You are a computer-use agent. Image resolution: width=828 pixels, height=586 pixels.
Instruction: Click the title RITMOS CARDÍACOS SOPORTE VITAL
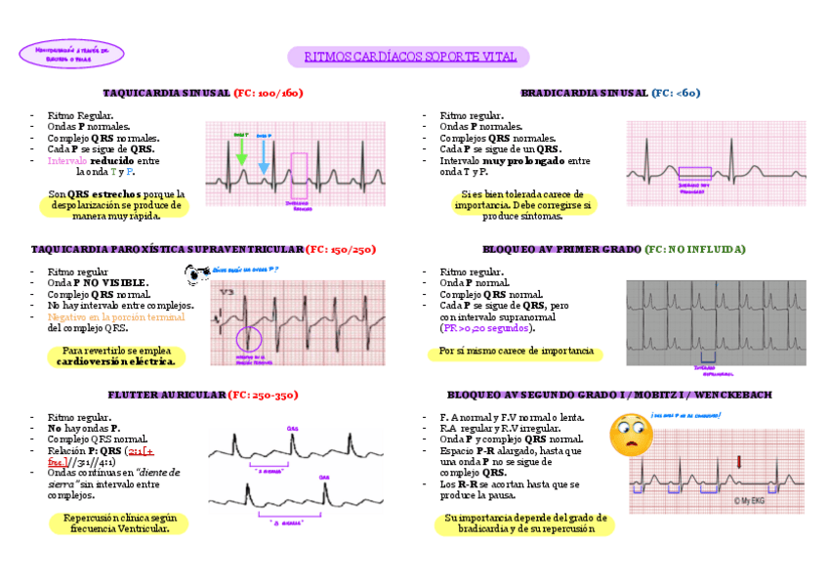(408, 57)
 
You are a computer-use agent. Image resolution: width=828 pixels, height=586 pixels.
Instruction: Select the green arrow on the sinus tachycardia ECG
(241, 149)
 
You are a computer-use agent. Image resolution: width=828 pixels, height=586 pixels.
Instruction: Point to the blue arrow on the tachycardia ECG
(263, 154)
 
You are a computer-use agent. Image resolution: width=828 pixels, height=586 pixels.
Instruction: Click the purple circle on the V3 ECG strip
(249, 340)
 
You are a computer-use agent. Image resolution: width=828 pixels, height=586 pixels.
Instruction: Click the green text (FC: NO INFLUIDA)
(694, 249)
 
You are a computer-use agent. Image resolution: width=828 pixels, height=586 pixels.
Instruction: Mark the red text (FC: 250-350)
(263, 395)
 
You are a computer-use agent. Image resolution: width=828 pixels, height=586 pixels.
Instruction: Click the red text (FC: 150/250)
(340, 249)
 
